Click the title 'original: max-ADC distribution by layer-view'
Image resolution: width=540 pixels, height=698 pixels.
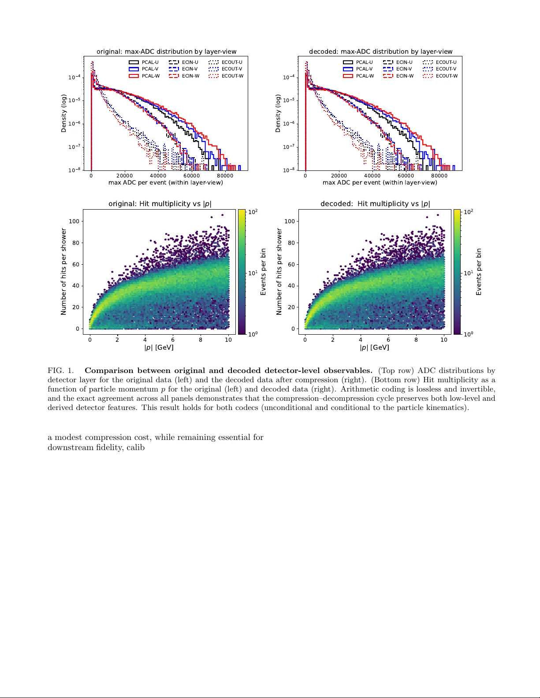(x=166, y=52)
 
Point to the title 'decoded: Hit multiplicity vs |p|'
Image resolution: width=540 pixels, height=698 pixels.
(x=375, y=203)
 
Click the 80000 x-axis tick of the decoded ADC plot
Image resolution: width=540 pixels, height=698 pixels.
(x=439, y=176)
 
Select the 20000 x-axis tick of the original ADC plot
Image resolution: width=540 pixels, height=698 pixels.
(x=124, y=176)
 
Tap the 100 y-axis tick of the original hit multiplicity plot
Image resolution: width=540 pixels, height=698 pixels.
(x=74, y=221)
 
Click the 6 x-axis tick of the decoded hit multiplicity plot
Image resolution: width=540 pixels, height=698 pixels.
(x=388, y=340)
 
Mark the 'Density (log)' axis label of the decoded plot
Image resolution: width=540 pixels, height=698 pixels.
(x=278, y=113)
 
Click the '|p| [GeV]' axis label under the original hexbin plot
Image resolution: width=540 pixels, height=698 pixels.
(x=159, y=347)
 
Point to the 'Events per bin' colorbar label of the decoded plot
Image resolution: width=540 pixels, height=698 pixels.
(x=479, y=272)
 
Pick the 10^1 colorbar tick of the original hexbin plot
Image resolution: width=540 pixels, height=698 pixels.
(x=253, y=273)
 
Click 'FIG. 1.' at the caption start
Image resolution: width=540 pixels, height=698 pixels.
(x=60, y=371)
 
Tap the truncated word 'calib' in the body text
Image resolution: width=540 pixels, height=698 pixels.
(x=136, y=447)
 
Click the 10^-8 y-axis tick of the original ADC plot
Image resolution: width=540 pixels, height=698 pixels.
(x=74, y=170)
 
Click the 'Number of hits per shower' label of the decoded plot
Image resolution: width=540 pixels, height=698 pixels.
(x=279, y=271)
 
